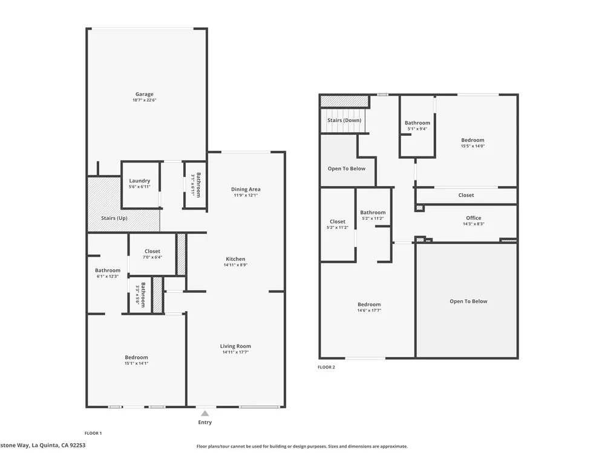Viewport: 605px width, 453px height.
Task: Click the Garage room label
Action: pos(145,94)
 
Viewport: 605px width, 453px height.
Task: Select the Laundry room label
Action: pos(140,181)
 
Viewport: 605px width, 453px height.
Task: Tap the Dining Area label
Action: pos(246,189)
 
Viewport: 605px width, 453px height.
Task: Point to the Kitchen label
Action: pos(235,259)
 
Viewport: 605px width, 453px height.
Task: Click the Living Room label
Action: pos(235,346)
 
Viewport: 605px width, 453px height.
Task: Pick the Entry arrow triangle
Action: pos(205,413)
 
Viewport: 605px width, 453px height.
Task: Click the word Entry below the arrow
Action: pos(205,422)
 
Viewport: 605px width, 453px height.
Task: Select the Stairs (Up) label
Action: pos(114,218)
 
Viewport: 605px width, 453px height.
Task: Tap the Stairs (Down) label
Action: pos(344,120)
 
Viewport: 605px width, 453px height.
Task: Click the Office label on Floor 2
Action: pos(474,217)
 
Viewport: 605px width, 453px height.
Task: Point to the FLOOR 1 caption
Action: pos(93,433)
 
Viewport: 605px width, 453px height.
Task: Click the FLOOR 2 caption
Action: pos(327,367)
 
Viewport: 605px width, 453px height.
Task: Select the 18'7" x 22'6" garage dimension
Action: pos(145,100)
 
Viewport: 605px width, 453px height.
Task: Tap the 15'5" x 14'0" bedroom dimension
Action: pos(473,146)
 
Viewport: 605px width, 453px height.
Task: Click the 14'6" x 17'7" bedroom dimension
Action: pos(369,310)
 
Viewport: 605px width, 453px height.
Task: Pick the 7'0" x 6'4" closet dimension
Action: pos(152,257)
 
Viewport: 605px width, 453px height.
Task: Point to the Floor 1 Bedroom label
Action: pos(136,357)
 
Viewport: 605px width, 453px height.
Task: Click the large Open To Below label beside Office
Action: pos(468,301)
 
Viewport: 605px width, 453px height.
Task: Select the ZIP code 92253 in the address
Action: pos(77,445)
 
